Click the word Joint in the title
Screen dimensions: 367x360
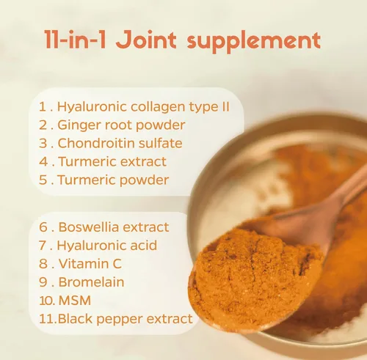pos(146,40)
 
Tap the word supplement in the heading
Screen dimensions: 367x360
pos(254,42)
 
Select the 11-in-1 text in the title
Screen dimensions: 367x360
pos(75,40)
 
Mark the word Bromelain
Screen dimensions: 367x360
pos(91,282)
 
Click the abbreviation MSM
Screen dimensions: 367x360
pos(75,301)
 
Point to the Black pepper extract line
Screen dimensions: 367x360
pos(126,319)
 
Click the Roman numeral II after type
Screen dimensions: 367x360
pos(226,107)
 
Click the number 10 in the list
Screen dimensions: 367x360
pos(46,301)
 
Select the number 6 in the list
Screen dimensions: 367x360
pos(43,227)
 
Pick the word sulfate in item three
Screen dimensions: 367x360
pos(160,143)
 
